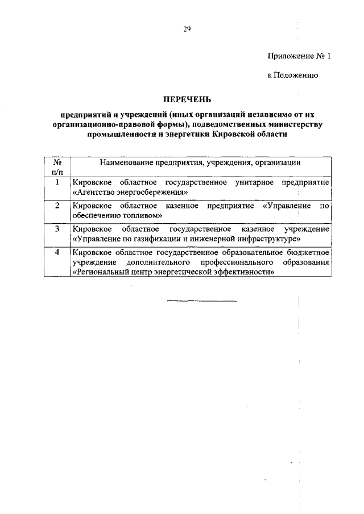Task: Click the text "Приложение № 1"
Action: pos(298,56)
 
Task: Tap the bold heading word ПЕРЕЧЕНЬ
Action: pos(187,100)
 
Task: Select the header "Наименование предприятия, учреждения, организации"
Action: pos(200,162)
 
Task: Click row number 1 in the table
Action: pos(57,182)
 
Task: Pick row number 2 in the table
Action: pos(57,205)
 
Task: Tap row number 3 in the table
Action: pos(57,228)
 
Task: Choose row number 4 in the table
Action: pos(57,252)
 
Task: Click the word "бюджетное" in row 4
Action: pos(307,252)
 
